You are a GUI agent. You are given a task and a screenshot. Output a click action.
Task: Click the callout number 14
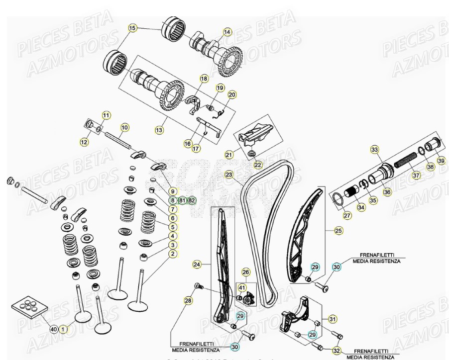coord(227,32)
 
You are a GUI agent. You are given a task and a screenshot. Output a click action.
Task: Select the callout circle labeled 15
coord(132,28)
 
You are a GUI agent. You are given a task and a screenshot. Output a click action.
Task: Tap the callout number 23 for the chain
coord(229,175)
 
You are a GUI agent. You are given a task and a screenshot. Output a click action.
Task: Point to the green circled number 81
coord(182,200)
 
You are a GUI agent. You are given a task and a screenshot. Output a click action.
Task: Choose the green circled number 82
coord(192,200)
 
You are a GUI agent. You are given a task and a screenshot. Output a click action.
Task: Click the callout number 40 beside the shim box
coord(54,329)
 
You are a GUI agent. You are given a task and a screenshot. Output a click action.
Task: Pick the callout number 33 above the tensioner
coord(374,149)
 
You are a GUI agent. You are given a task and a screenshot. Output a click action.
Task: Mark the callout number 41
coord(242,287)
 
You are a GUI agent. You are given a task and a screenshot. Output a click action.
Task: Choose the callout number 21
coord(229,155)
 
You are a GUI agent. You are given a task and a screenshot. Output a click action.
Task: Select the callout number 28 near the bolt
coord(188,300)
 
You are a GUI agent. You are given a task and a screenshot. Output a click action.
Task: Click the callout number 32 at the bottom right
coord(337,351)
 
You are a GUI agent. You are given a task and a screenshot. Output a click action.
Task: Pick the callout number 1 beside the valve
coord(63,329)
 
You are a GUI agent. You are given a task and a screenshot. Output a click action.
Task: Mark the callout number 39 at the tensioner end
coord(441,160)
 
